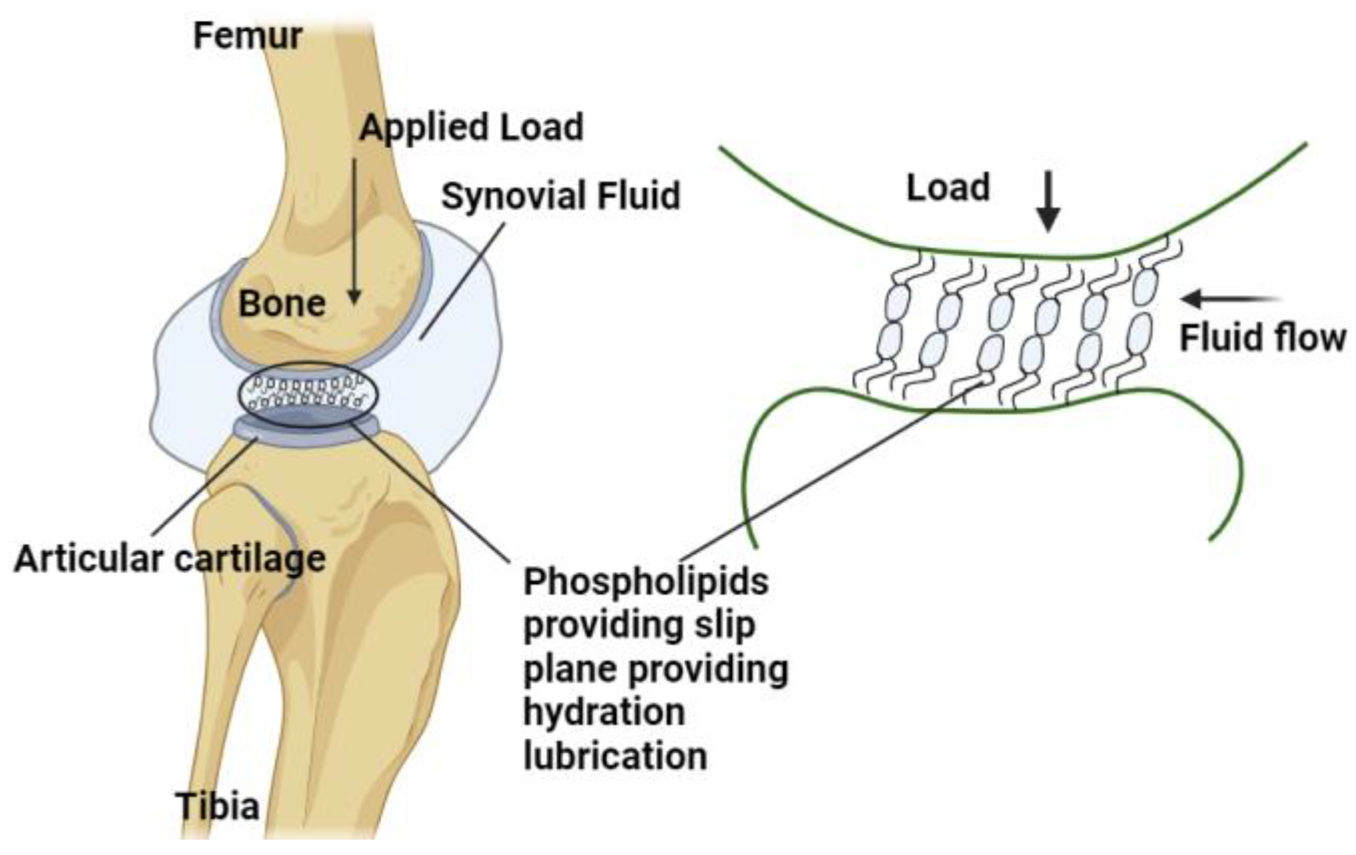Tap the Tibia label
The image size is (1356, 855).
pos(217,806)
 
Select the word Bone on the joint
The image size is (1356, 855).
pos(282,304)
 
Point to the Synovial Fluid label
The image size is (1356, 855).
pos(561,197)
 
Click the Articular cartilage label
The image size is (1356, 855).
pos(170,558)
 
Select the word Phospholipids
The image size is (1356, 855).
pos(646,582)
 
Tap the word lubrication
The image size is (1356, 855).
pos(615,756)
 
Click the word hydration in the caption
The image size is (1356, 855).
pos(604,712)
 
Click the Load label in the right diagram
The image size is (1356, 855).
pos(948,188)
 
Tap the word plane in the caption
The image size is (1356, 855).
pos(570,669)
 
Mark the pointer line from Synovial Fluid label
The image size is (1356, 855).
pos(462,277)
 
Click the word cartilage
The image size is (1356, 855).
pos(250,558)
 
